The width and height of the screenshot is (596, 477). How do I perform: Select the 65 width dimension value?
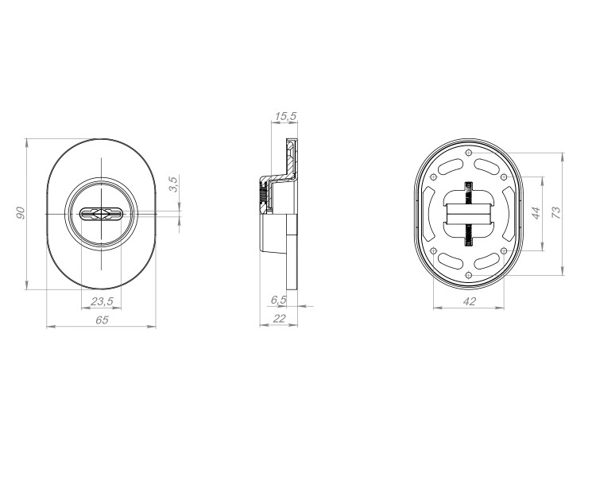[102, 320]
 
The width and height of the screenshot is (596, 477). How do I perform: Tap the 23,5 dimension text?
[102, 301]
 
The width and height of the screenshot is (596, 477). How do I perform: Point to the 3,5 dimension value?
[173, 184]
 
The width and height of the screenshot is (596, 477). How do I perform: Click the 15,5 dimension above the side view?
[285, 116]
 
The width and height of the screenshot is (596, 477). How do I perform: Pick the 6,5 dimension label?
[278, 300]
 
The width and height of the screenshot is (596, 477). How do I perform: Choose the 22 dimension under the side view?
[280, 318]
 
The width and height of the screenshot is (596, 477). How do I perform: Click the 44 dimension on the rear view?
[536, 213]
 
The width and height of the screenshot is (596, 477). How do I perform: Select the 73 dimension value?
[555, 212]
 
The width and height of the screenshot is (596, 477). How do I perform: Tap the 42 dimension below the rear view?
[470, 301]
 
